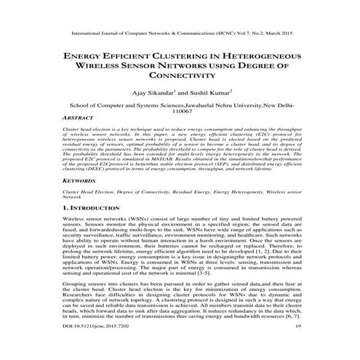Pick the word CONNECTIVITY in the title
180,75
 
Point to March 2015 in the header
283,33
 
